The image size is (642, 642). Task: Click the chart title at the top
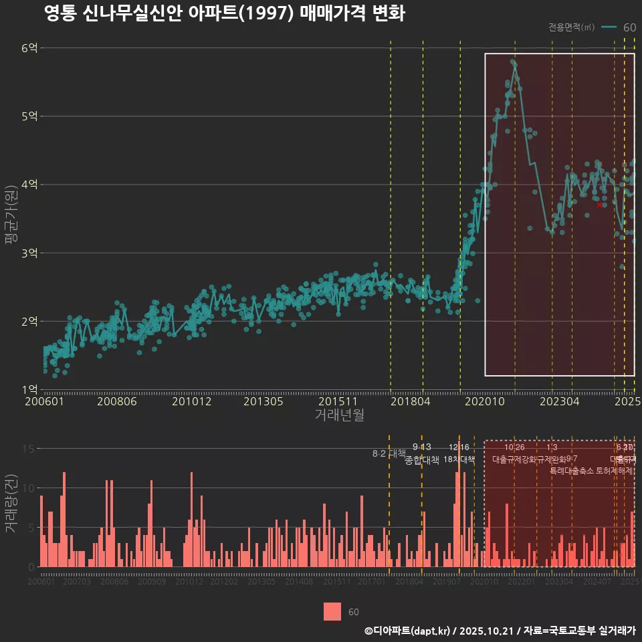(224, 14)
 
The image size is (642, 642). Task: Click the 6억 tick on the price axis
(29, 48)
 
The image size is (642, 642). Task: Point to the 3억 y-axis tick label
(29, 253)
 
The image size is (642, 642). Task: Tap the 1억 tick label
(29, 389)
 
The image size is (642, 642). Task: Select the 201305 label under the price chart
(263, 402)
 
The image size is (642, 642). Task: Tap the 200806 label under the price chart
(117, 402)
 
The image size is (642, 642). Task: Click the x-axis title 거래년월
(339, 415)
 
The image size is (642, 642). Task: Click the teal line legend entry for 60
(619, 27)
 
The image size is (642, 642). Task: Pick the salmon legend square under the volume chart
(332, 611)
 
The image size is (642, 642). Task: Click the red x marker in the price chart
(599, 205)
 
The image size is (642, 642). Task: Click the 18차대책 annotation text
(459, 459)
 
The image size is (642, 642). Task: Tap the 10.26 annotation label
(514, 447)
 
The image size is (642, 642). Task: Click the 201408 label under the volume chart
(299, 582)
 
